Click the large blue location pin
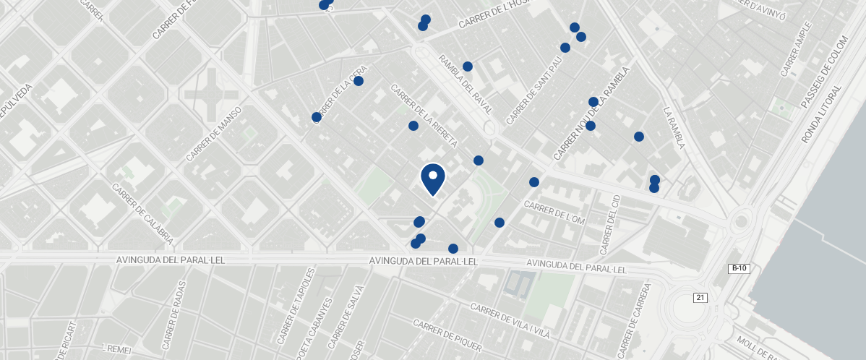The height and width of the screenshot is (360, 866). (432, 178)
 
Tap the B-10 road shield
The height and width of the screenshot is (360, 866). (739, 268)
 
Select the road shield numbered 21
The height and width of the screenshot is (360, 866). (700, 297)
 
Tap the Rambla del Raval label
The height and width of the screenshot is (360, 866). (465, 85)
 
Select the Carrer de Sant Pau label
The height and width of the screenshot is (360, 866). (534, 91)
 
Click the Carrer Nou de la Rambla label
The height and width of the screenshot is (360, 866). (592, 113)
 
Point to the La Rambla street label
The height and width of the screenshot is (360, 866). (674, 128)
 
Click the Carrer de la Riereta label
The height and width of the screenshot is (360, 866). (424, 116)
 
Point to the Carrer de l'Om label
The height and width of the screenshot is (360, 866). (554, 212)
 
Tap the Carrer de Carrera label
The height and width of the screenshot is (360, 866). (639, 311)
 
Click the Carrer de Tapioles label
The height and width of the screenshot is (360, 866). (295, 307)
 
